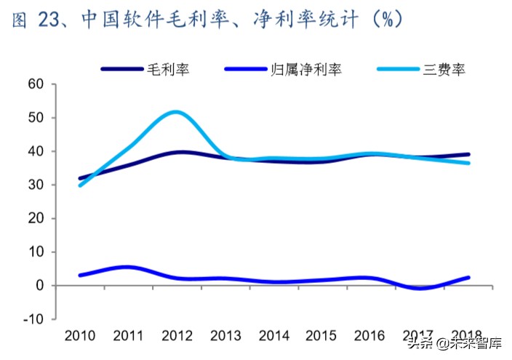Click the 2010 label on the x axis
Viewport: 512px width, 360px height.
[80, 335]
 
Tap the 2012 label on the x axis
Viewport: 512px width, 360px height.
[177, 335]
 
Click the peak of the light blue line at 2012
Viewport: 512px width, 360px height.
[175, 111]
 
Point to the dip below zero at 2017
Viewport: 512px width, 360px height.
[418, 288]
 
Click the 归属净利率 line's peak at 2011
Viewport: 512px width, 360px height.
[127, 267]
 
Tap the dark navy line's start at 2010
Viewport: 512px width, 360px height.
[80, 178]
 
